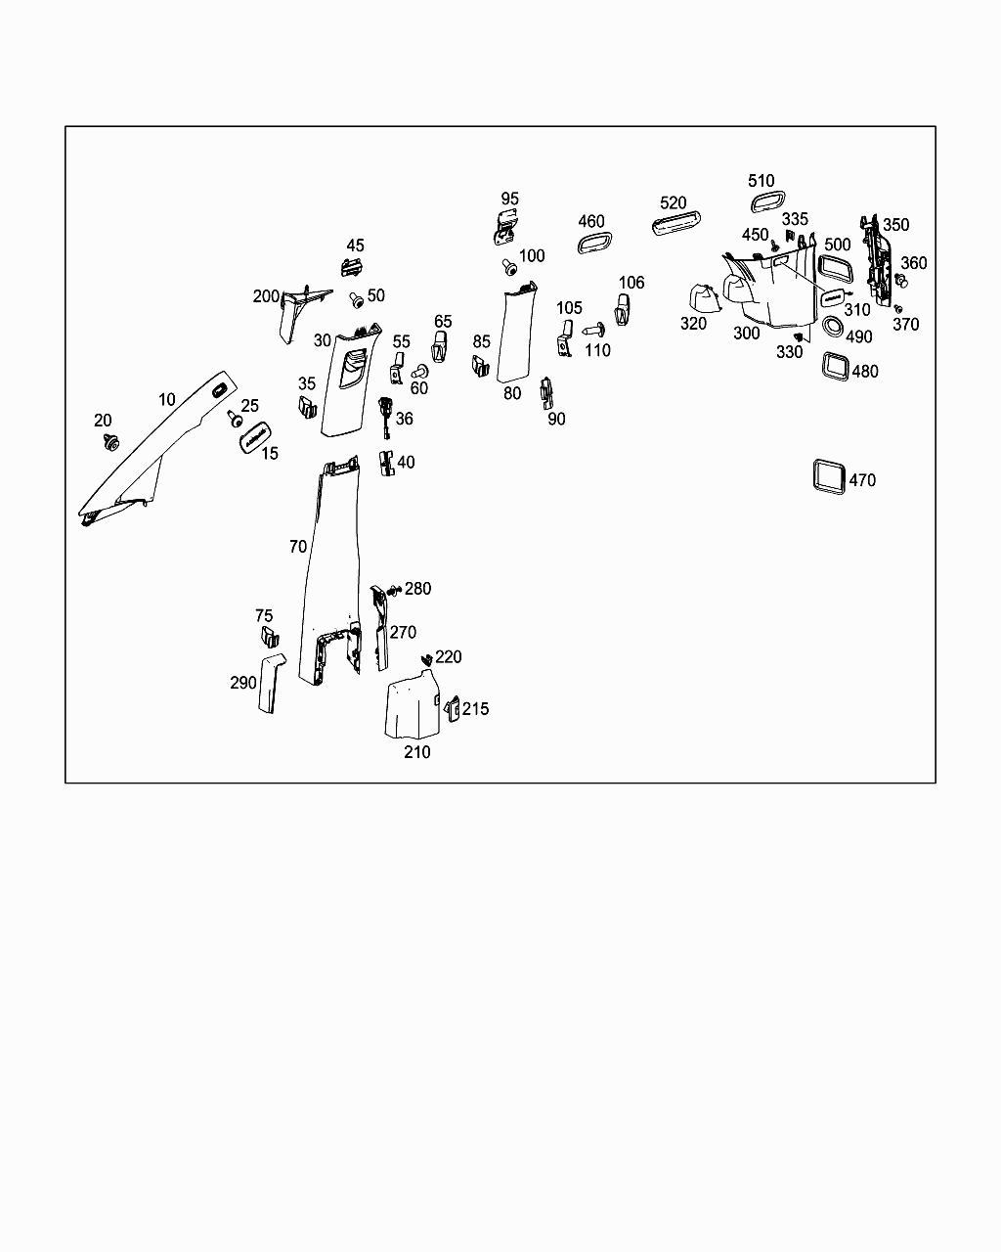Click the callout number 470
point(862,480)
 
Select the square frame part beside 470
point(815,477)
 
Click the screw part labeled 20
point(109,442)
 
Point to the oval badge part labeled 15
point(255,436)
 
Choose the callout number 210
point(417,752)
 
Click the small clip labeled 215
point(454,708)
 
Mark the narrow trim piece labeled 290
point(271,683)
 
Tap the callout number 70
point(298,547)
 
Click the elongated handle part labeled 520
point(675,223)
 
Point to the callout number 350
point(895,225)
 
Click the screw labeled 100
point(510,268)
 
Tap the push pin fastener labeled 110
point(593,331)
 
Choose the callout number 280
point(417,589)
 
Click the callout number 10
point(167,400)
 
